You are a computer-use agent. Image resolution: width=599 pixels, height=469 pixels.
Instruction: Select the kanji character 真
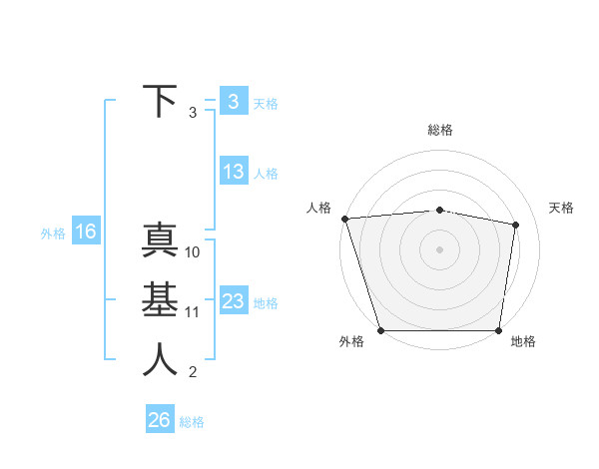tap(160, 240)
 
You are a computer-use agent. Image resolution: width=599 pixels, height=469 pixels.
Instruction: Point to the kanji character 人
tap(160, 360)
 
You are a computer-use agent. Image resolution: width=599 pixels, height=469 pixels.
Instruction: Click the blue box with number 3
tap(233, 101)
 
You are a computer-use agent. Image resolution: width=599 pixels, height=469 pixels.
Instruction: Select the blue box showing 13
tap(233, 172)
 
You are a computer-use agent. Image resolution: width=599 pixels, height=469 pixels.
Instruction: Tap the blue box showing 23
tap(233, 301)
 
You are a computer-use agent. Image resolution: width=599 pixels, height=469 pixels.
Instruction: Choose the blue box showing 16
tap(85, 233)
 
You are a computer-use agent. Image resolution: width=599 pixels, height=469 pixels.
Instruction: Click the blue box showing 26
tap(159, 420)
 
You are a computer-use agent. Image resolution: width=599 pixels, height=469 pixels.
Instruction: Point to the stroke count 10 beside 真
tap(193, 252)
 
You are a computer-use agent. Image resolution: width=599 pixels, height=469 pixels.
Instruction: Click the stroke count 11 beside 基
tap(193, 312)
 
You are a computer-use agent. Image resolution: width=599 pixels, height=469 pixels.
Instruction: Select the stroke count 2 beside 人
tap(193, 373)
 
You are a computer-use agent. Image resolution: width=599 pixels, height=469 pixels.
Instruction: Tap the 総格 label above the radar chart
tap(440, 130)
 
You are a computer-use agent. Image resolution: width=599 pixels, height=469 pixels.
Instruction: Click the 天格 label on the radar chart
tap(562, 208)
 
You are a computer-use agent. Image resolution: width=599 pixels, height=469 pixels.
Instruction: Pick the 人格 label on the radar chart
tap(318, 208)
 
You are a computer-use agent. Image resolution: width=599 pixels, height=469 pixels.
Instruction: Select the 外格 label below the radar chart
tap(351, 342)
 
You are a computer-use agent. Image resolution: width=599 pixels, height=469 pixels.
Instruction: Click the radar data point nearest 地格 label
tap(498, 330)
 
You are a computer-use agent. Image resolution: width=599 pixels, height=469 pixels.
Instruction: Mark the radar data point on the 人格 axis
tap(344, 219)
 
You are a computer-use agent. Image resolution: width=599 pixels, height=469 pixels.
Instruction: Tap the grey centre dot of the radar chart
tap(439, 248)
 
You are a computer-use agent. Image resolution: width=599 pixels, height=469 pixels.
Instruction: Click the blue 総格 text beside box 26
tap(192, 422)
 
